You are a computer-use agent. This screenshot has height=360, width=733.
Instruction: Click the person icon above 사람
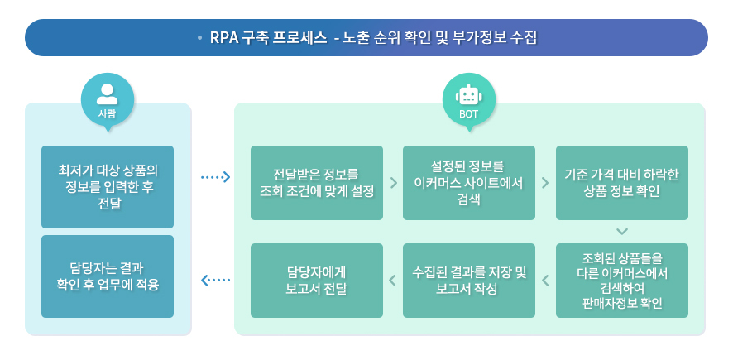point(107,92)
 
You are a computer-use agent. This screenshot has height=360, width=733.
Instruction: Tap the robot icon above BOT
point(469,94)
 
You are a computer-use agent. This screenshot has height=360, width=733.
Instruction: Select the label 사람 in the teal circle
point(107,113)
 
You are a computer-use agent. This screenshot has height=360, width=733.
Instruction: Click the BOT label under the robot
point(469,114)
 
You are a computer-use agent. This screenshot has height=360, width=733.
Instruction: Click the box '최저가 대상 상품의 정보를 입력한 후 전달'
point(108,187)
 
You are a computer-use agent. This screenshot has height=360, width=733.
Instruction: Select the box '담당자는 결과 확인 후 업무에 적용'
point(108,276)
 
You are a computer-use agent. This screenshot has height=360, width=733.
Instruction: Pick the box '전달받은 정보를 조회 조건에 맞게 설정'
point(317,183)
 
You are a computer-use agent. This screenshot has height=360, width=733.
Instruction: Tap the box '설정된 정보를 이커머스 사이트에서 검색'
point(469,183)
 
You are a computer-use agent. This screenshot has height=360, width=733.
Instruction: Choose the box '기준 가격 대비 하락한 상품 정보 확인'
point(621,183)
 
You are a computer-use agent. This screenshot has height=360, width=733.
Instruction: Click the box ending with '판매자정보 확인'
point(621,281)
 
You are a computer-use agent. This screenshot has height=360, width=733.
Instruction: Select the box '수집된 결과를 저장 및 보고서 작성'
point(469,281)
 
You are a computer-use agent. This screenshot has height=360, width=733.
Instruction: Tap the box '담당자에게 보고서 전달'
point(317,281)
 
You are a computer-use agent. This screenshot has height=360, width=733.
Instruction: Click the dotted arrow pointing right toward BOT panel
point(215,177)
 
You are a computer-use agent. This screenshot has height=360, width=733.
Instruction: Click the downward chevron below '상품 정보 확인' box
point(622,231)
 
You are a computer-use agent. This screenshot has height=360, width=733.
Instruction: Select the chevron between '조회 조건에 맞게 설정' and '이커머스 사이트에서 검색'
point(393,183)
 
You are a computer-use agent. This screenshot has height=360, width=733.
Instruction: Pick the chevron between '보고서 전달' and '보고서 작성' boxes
point(393,281)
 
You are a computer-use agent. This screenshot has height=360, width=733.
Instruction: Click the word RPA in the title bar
point(224,38)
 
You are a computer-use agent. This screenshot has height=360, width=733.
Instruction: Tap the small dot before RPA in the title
point(200,38)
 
